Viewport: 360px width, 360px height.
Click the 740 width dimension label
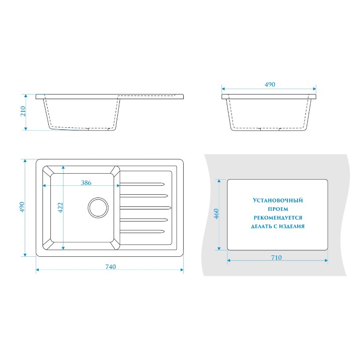tap(110, 266)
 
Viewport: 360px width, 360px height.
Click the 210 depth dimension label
tap(23, 111)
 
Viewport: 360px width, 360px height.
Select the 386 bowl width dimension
tap(86, 183)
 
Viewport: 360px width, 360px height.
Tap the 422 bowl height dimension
tap(60, 207)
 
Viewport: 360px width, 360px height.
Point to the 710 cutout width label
tap(276, 258)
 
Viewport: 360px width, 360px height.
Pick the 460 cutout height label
tap(217, 214)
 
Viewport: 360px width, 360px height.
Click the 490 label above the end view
tap(270, 85)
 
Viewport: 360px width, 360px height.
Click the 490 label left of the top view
tap(22, 207)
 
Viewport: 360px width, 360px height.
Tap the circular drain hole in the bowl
tap(98, 207)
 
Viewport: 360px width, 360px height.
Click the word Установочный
tap(278, 200)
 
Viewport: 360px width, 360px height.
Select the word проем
tap(278, 209)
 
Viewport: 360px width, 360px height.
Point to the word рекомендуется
tap(278, 218)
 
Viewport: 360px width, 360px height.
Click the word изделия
tap(292, 227)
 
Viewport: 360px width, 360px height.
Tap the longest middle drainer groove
tap(146, 208)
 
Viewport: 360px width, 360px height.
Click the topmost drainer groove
tap(142, 184)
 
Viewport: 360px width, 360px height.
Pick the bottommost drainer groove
tap(142, 232)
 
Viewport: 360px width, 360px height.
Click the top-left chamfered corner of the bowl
tap(48, 171)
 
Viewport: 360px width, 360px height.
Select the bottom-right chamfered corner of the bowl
tap(114, 244)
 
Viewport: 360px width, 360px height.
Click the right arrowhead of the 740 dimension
tap(182, 270)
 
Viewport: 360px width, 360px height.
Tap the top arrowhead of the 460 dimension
tap(219, 181)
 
